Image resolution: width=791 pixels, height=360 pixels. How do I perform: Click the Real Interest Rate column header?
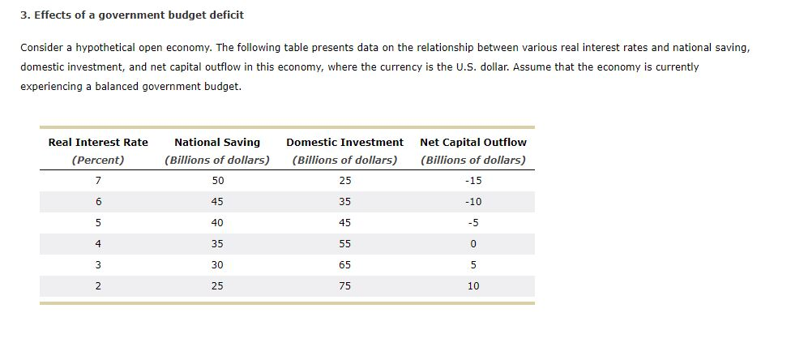click(x=98, y=142)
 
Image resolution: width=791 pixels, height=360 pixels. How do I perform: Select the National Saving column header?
click(x=217, y=142)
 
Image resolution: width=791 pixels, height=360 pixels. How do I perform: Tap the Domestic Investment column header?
click(x=344, y=142)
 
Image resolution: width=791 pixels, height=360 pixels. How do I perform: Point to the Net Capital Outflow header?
click(x=472, y=142)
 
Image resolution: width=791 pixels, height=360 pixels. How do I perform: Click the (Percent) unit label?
click(x=98, y=160)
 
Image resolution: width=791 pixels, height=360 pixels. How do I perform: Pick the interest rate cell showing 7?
click(x=98, y=180)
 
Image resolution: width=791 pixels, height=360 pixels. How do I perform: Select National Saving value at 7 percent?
click(x=217, y=180)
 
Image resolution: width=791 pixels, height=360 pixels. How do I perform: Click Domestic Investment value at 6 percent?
click(x=344, y=201)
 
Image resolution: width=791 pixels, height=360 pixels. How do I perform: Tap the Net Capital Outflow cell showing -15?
click(x=472, y=180)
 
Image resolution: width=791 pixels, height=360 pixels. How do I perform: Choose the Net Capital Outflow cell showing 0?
click(x=472, y=243)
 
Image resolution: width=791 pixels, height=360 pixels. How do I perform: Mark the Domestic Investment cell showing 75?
click(x=344, y=285)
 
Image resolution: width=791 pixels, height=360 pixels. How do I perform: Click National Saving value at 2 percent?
click(x=217, y=285)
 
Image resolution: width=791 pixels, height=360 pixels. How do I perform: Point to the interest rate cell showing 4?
click(x=98, y=243)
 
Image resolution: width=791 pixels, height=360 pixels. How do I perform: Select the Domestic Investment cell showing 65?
click(x=344, y=264)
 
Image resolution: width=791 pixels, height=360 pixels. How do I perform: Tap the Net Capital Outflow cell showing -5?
click(x=472, y=222)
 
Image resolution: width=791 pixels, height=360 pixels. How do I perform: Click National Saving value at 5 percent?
click(x=217, y=222)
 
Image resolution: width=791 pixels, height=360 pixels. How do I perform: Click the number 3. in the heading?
click(x=25, y=15)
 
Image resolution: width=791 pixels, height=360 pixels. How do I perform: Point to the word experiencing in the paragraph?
click(x=50, y=86)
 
